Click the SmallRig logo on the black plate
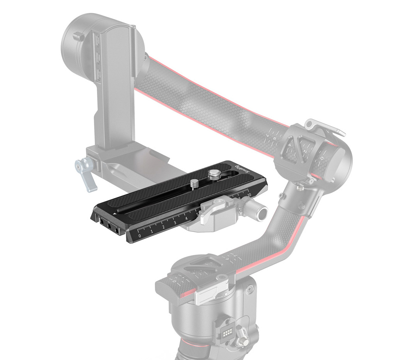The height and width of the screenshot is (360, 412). click(x=238, y=168)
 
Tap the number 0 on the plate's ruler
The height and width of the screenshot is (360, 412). click(x=139, y=235)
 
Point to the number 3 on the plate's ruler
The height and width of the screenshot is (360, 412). click(x=175, y=223)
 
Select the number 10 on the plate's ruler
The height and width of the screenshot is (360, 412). click(x=249, y=196)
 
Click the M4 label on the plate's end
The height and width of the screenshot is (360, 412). click(x=109, y=222)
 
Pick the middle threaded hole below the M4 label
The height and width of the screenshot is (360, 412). click(x=109, y=227)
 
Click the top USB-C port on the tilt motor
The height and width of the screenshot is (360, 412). click(x=97, y=41)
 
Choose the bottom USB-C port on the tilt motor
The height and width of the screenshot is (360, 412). click(x=97, y=73)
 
